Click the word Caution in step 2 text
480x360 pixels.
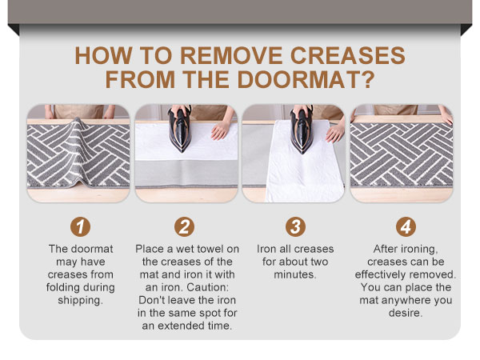pos(210,286)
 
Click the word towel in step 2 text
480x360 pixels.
pos(218,249)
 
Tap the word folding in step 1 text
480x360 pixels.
pos(68,287)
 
